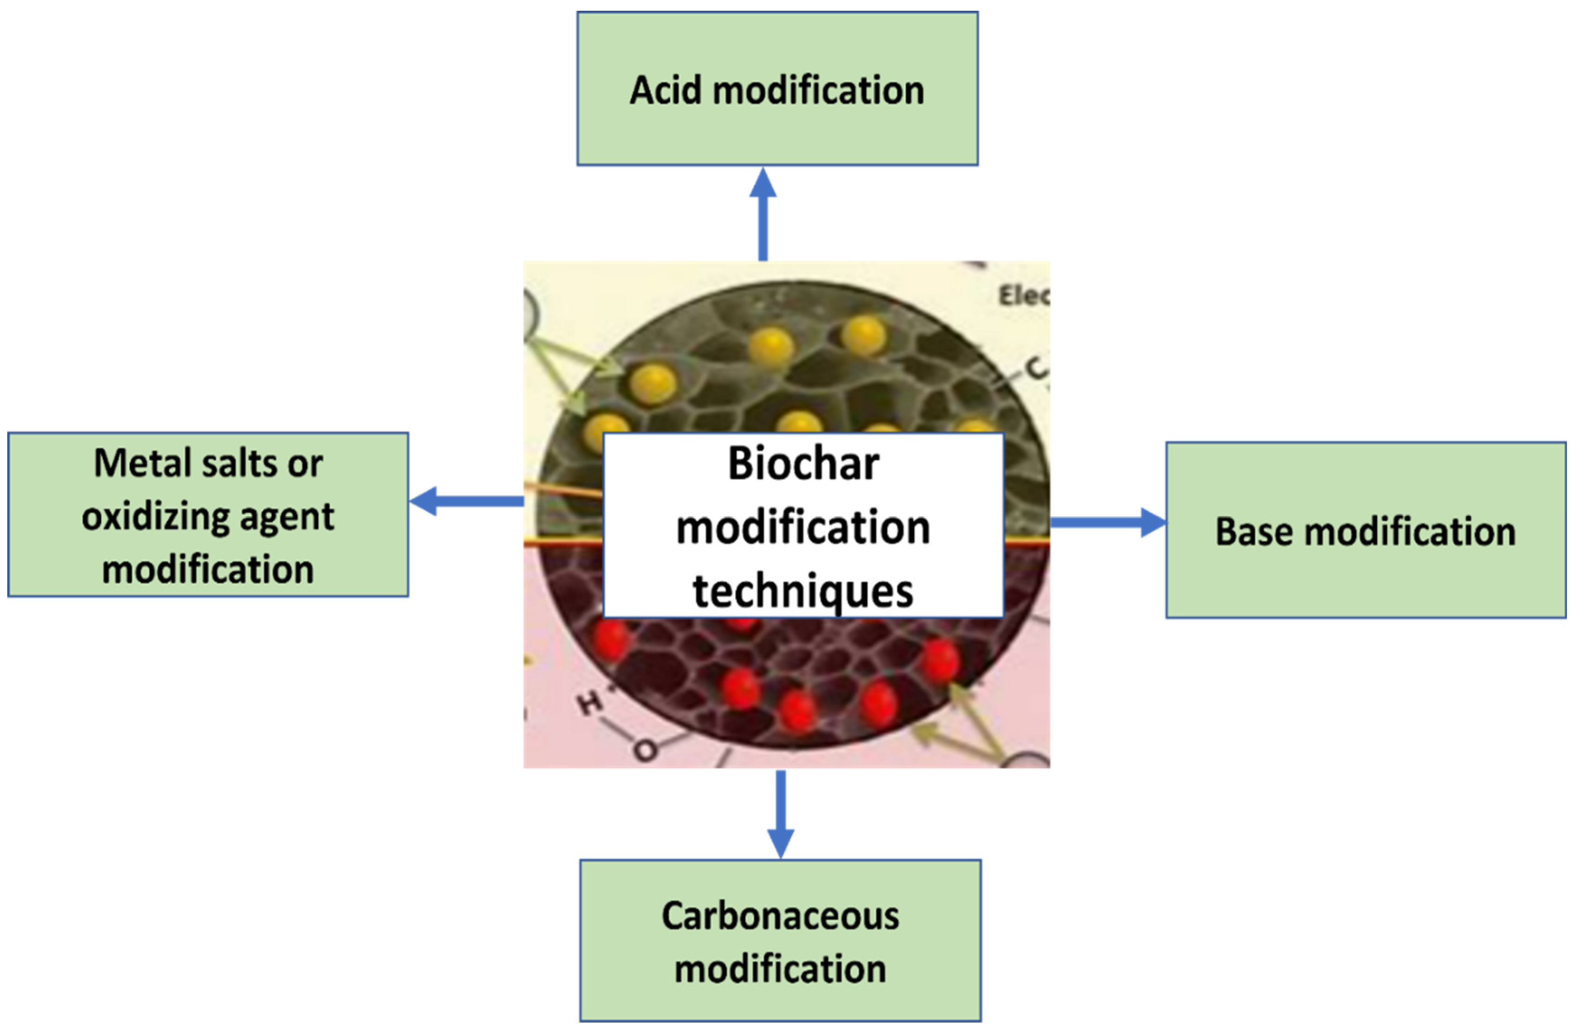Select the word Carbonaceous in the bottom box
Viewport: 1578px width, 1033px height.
click(780, 916)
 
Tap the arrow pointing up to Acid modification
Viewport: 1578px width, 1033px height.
click(763, 213)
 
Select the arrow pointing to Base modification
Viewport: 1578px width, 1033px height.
click(1107, 523)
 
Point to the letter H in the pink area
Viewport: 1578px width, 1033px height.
click(589, 704)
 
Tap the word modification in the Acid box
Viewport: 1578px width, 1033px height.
click(818, 90)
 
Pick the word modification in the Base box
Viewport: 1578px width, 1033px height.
click(1410, 532)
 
